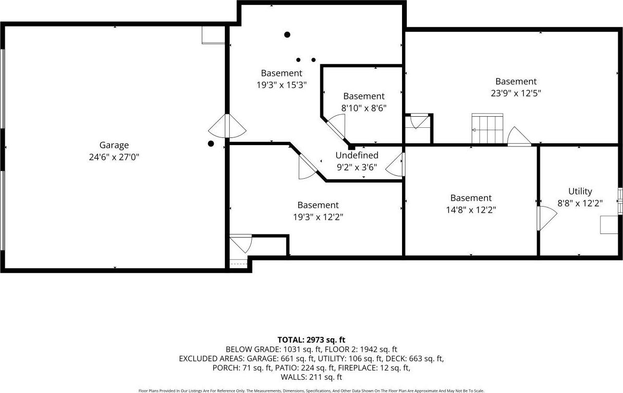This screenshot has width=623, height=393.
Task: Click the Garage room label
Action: pos(114,145)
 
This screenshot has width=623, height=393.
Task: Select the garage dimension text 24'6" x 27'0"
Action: pos(114,157)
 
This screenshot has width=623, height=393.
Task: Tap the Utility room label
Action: pos(580,191)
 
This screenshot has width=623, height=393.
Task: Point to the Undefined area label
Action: pos(356,155)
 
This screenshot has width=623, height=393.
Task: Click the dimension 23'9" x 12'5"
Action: pos(516,93)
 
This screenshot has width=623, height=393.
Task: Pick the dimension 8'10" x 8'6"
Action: pos(364,108)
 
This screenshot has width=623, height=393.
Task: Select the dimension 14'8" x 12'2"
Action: pos(471,209)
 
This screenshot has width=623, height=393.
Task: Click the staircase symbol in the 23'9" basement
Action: pos(487,129)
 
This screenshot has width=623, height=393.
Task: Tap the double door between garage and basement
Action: pos(227,127)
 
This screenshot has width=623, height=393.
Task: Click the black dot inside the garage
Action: pos(210,143)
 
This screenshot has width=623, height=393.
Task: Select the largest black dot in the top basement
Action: pos(287,35)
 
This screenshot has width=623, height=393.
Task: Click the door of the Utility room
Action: pos(547,218)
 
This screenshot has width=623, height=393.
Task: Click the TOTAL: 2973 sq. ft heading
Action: pos(311,340)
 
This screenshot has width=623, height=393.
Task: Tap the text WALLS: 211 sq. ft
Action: pos(311,377)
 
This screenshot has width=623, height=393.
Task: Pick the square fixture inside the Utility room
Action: pos(609,225)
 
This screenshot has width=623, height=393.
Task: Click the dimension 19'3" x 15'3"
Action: pos(281,85)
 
